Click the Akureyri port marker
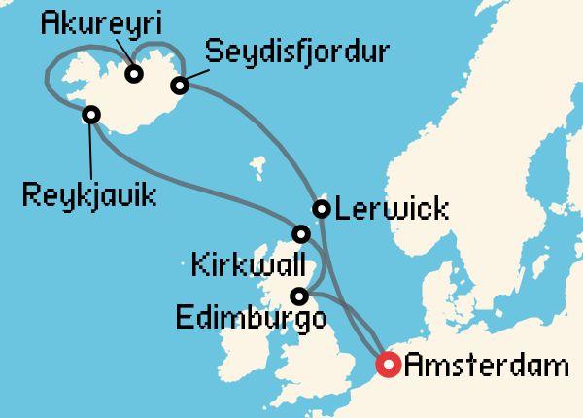coord(134,73)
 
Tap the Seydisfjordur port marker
coord(179,86)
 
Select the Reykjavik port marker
coord(90,115)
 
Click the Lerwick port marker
coord(321,208)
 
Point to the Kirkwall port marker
coord(301,233)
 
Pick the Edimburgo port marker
coord(300,296)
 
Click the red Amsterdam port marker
coord(388,366)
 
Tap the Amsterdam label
coord(486,366)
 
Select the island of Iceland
coord(126,97)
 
